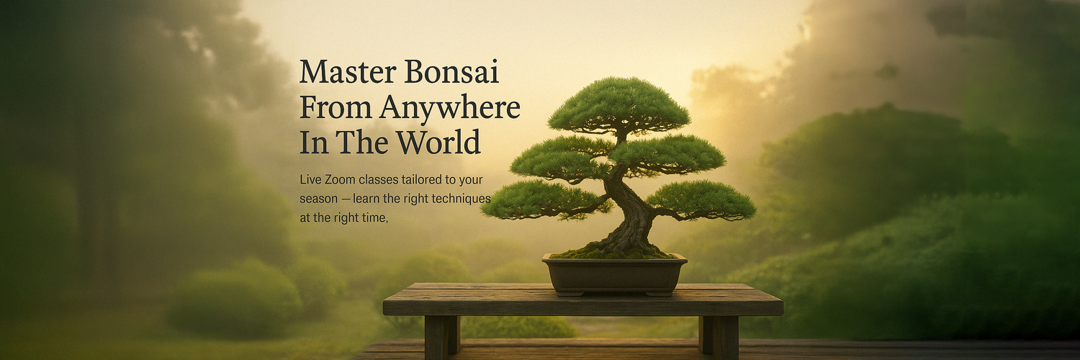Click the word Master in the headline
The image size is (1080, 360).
[348, 72]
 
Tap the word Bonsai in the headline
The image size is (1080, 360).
[451, 72]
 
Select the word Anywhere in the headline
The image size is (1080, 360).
[449, 109]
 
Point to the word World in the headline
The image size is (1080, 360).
[438, 142]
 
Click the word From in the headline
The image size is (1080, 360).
[336, 107]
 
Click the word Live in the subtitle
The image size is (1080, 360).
[310, 180]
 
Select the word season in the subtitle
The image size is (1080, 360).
[319, 199]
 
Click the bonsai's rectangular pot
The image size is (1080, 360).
[614, 274]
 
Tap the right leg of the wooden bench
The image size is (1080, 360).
[719, 337]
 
